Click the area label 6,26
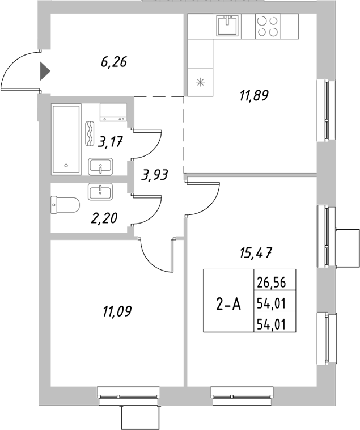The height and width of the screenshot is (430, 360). [113, 62]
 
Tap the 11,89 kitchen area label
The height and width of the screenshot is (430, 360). [252, 95]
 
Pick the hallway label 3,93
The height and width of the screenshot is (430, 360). [155, 175]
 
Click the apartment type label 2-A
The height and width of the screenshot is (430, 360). [228, 305]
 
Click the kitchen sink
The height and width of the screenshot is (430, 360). [229, 25]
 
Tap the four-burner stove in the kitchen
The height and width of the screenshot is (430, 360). [268, 25]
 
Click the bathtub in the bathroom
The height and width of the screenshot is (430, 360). [67, 139]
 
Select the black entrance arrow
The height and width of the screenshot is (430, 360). [45, 72]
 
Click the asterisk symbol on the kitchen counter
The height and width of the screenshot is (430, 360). [199, 81]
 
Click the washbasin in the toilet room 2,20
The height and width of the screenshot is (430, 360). [100, 191]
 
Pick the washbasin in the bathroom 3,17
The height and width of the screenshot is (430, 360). [101, 167]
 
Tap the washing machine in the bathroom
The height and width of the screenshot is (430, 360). [113, 112]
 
